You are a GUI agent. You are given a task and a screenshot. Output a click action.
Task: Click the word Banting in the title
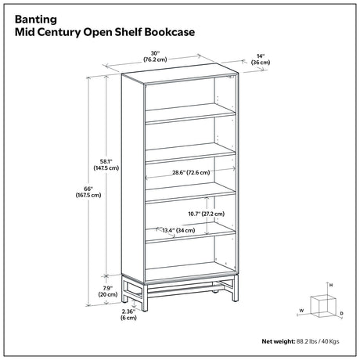pos(36,20)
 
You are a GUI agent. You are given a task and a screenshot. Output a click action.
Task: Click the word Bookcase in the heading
pos(170,32)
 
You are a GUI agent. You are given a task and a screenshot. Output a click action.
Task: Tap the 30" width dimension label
pos(155,56)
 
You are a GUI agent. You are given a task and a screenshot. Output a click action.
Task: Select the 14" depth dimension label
pos(261,59)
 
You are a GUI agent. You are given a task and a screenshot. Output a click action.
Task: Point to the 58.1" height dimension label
pos(106,165)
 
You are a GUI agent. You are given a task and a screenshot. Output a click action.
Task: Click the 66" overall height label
pos(88,192)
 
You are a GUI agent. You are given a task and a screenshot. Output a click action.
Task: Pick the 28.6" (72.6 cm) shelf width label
pos(191,172)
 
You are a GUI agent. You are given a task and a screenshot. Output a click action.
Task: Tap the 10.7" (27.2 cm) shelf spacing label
pos(207,214)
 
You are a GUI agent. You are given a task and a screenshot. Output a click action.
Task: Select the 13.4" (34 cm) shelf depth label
pos(178,230)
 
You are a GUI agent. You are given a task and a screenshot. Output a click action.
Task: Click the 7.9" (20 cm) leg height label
pos(108,291)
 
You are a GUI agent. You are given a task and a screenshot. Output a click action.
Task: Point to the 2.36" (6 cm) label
pos(128,315)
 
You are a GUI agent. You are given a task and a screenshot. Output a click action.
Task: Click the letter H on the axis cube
pos(331,285)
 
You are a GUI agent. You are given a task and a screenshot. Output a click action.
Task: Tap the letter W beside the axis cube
pos(301,311)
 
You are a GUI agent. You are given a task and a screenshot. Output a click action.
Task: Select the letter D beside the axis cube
pos(341,314)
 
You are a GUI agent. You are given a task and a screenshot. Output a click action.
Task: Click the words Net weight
pos(279,341)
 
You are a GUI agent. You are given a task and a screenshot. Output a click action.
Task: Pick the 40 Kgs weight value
pos(329,341)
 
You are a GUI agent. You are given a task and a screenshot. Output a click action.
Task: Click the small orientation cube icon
pos(323,306)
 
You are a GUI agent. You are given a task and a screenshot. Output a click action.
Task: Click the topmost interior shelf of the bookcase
pos(190,113)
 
